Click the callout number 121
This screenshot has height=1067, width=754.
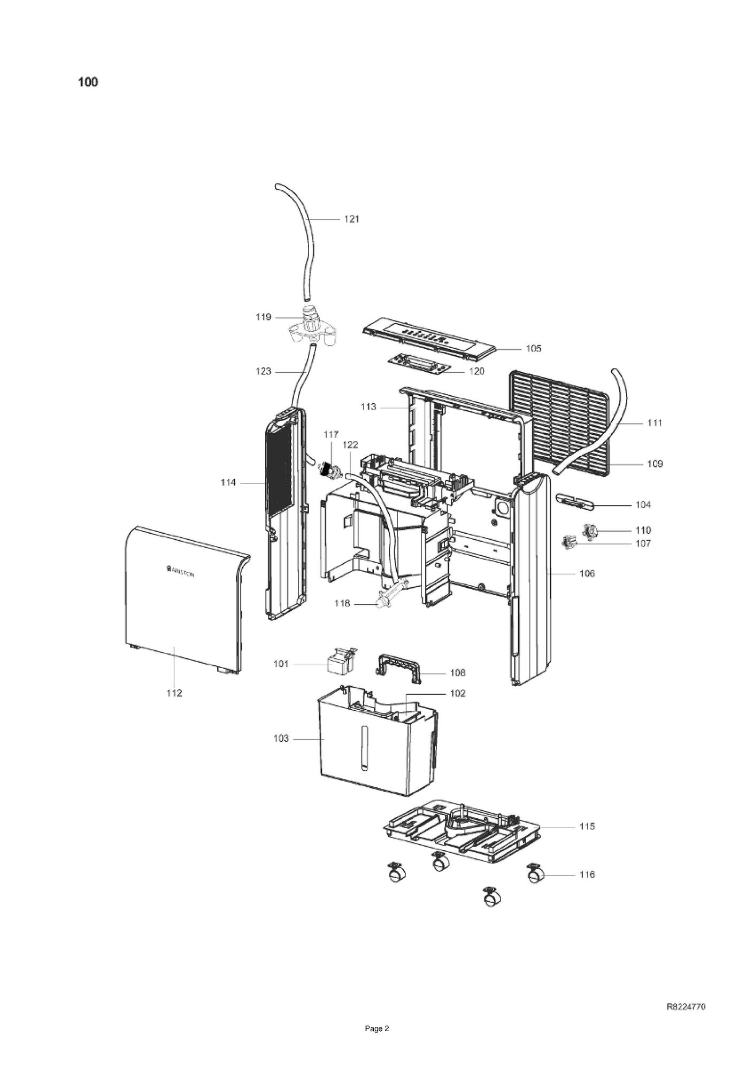[x=351, y=219]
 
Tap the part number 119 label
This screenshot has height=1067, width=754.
[x=263, y=317]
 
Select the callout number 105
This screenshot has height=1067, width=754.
[x=533, y=349]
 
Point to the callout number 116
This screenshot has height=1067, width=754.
[x=587, y=874]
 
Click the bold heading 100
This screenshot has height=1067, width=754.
[x=88, y=82]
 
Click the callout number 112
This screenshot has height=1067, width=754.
[x=174, y=693]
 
